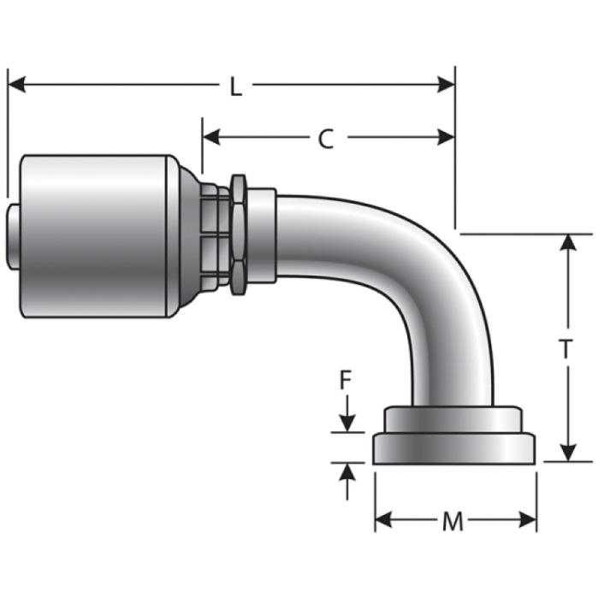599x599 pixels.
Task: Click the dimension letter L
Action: (235, 86)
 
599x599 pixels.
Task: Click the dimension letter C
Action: (326, 139)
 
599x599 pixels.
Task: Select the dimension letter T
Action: (566, 348)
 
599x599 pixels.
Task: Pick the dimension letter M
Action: (453, 521)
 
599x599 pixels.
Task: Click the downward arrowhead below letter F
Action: (347, 423)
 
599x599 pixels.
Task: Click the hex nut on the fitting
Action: (239, 233)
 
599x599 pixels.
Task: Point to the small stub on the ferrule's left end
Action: (14, 236)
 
